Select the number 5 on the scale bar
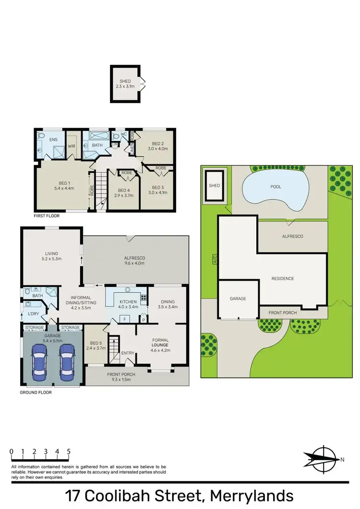tap(69, 451)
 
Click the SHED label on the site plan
tap(214, 186)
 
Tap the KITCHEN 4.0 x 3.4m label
tap(126, 304)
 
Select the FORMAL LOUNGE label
tap(160, 342)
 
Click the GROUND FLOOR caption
tap(36, 392)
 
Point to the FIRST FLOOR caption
tap(47, 216)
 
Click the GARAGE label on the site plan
tap(238, 298)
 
